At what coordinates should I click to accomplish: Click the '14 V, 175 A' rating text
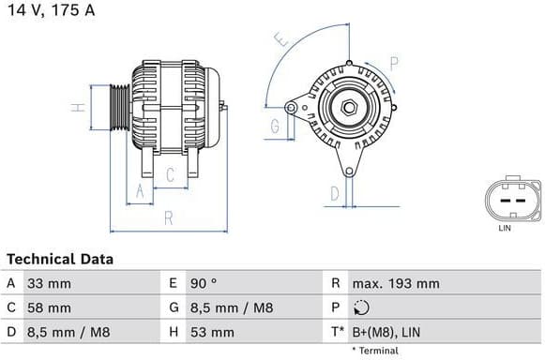[53, 10]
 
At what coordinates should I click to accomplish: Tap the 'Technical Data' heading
[60, 259]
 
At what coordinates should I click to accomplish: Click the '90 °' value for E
[205, 283]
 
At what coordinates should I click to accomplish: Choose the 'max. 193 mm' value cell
[395, 283]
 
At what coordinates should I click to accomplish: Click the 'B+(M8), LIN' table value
[386, 332]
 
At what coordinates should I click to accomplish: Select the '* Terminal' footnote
[375, 351]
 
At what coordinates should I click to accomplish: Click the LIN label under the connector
[504, 228]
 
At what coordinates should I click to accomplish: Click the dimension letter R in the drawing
[168, 217]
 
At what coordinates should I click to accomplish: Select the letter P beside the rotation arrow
[394, 64]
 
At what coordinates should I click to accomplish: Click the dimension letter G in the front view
[276, 126]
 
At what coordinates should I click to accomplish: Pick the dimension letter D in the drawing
[335, 194]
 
